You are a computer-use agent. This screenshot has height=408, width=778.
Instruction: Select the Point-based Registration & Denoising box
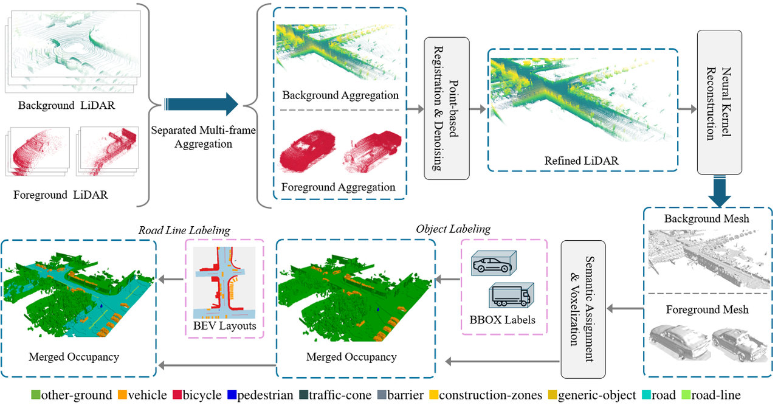447,108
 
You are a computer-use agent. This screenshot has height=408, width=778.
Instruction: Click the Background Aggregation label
340,95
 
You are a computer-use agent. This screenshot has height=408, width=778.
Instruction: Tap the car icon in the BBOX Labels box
494,265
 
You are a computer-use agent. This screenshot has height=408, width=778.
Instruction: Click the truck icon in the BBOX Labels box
510,296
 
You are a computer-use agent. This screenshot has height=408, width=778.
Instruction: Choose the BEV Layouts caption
224,326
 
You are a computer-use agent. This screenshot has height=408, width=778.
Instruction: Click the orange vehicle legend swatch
122,395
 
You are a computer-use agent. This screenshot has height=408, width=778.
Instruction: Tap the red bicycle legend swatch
176,395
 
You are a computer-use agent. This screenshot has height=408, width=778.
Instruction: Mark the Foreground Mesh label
707,309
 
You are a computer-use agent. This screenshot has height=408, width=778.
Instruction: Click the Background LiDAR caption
66,105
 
